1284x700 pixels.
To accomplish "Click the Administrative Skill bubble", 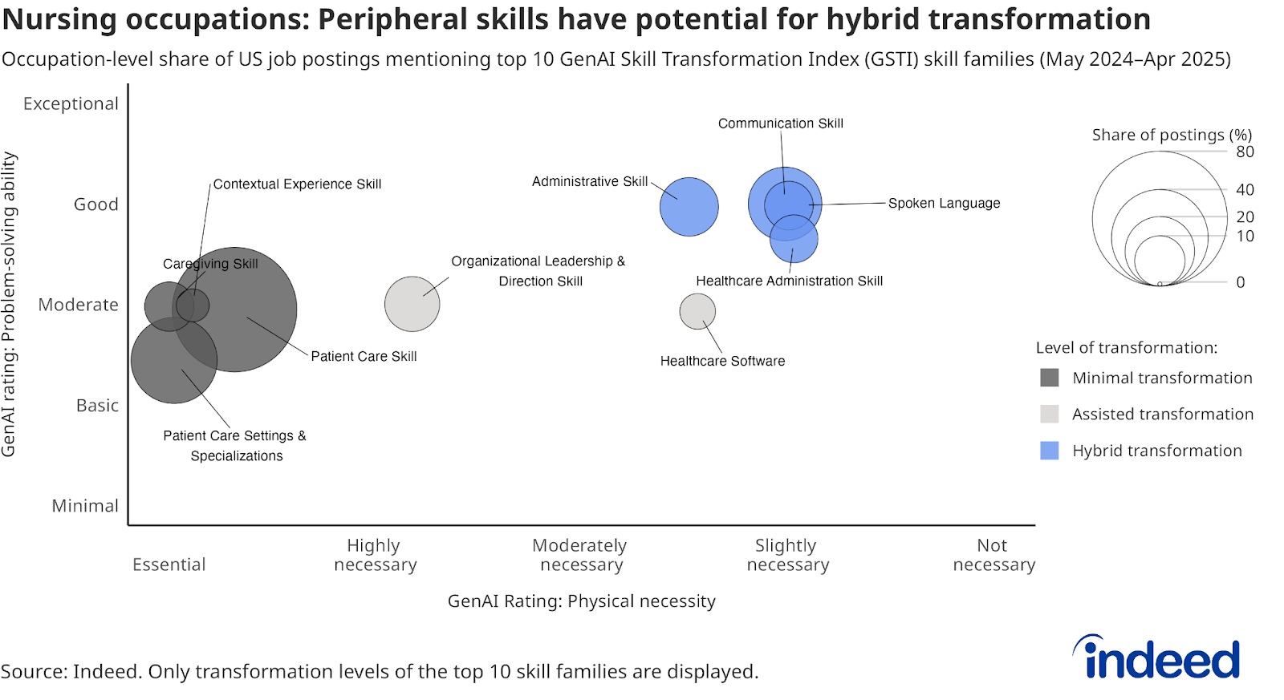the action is pos(689,207).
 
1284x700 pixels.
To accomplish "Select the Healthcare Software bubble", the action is pos(697,312).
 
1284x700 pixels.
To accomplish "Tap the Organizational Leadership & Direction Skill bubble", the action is pos(412,304).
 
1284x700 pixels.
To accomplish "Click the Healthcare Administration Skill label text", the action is pos(790,281).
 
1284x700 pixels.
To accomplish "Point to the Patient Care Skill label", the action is pos(364,356).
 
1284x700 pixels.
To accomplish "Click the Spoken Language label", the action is pos(944,204).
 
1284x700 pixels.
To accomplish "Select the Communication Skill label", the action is pos(781,123).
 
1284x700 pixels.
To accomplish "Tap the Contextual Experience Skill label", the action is pos(297,184).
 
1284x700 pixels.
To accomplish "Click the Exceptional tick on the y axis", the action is pos(71,103).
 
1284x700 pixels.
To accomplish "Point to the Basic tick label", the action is pos(97,406).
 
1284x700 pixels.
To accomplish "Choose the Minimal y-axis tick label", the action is pos(85,506).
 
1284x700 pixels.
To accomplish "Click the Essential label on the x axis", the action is pos(169,564).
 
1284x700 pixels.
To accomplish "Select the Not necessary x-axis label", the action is pos(994,555).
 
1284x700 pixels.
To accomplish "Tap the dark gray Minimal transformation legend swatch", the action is pos(1050,378).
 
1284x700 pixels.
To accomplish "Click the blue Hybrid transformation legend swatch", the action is pos(1050,451).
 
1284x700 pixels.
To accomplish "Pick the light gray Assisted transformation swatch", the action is pos(1050,415).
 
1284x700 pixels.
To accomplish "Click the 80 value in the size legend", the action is pos(1245,152).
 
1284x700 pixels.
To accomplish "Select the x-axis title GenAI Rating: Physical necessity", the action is pos(581,601).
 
